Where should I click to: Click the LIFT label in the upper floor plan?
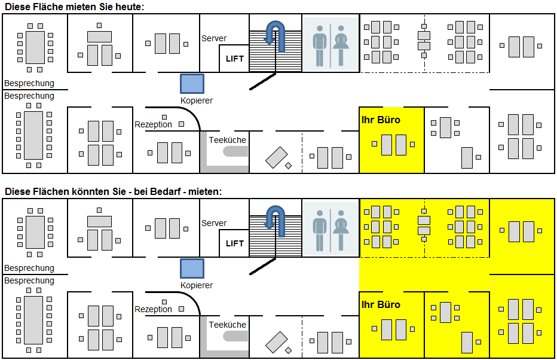pyautogui.click(x=235, y=59)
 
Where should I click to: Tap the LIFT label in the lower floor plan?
pyautogui.click(x=235, y=243)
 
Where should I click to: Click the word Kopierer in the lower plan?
pyautogui.click(x=197, y=285)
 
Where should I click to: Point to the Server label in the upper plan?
pyautogui.click(x=214, y=38)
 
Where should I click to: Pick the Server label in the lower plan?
pyautogui.click(x=214, y=223)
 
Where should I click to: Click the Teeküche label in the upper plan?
pyautogui.click(x=227, y=140)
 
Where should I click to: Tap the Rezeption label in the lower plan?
pyautogui.click(x=153, y=309)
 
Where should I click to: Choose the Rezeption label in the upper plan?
pyautogui.click(x=153, y=124)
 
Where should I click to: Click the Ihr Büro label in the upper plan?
pyautogui.click(x=381, y=120)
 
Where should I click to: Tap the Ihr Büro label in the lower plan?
pyautogui.click(x=381, y=304)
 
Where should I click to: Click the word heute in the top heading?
pyautogui.click(x=130, y=7)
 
